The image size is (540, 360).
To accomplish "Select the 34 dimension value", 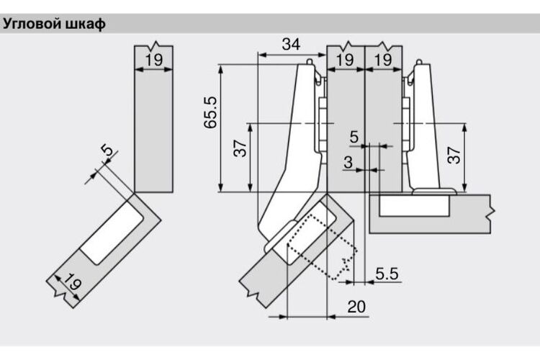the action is tap(291, 44).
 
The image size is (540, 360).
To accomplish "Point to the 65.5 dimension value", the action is tap(210, 112).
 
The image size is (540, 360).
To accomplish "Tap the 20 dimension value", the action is tap(356, 306).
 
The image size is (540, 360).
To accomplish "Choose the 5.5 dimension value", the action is tap(387, 274).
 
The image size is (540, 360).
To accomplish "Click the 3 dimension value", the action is tap(348, 161).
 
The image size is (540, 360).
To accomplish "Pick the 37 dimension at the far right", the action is tap(454, 155).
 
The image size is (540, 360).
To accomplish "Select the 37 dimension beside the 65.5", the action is tap(240, 148).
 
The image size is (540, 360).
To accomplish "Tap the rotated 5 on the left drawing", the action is tap(107, 150).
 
